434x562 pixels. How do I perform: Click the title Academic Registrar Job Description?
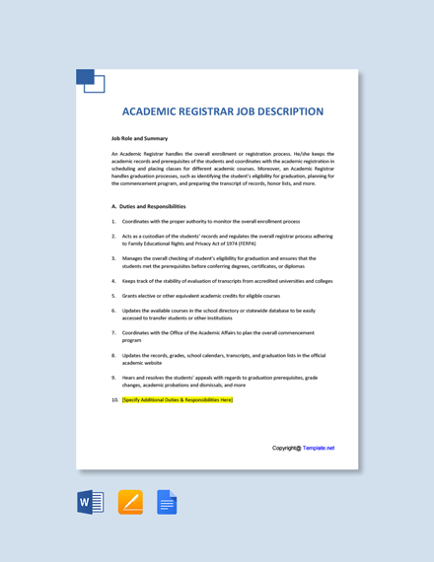pos(222,111)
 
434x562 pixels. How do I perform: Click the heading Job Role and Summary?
pos(139,138)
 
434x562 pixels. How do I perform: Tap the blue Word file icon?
pos(91,502)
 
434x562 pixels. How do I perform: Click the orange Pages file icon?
pos(130,502)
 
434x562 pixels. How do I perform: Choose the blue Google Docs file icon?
pos(167,502)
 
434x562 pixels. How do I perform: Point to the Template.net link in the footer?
pos(319,448)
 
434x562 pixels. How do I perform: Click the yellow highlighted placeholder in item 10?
pos(178,400)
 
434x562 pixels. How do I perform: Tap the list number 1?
pos(113,222)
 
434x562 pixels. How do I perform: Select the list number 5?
pos(113,296)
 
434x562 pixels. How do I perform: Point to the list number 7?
pos(113,332)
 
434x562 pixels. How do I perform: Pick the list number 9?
pos(113,377)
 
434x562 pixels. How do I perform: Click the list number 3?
pos(113,258)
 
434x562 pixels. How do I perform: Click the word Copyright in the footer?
pos(285,448)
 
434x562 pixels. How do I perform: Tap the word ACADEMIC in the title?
pos(156,111)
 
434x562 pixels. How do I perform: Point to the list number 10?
pos(114,400)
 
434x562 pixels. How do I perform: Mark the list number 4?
pos(113,281)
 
